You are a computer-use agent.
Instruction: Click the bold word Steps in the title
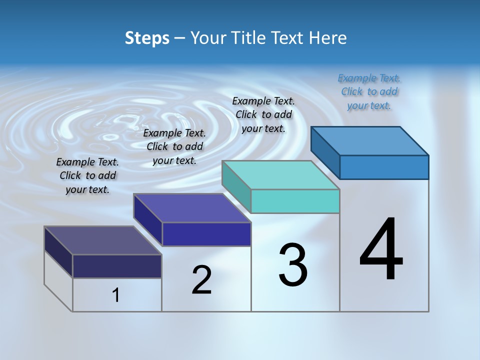pos(147,38)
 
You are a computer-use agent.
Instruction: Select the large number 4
pos(381,249)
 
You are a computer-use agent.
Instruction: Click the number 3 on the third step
pos(293,265)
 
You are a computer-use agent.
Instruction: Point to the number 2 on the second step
pos(202,280)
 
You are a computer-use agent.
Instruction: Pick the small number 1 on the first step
pos(115,295)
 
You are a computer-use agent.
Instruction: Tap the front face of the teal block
pos(295,201)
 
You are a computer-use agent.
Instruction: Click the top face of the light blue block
pos(370,140)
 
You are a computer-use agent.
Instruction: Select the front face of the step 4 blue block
pos(384,167)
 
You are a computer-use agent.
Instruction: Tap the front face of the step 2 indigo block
pos(206,234)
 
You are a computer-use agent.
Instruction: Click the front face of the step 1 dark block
pos(117,266)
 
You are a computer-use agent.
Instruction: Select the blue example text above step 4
pos(369,91)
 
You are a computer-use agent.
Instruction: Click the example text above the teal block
pos(263,114)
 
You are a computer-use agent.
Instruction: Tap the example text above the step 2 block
pos(174,146)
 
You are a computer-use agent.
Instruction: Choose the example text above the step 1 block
pos(87,175)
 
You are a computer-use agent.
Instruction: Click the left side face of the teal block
pos(236,185)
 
